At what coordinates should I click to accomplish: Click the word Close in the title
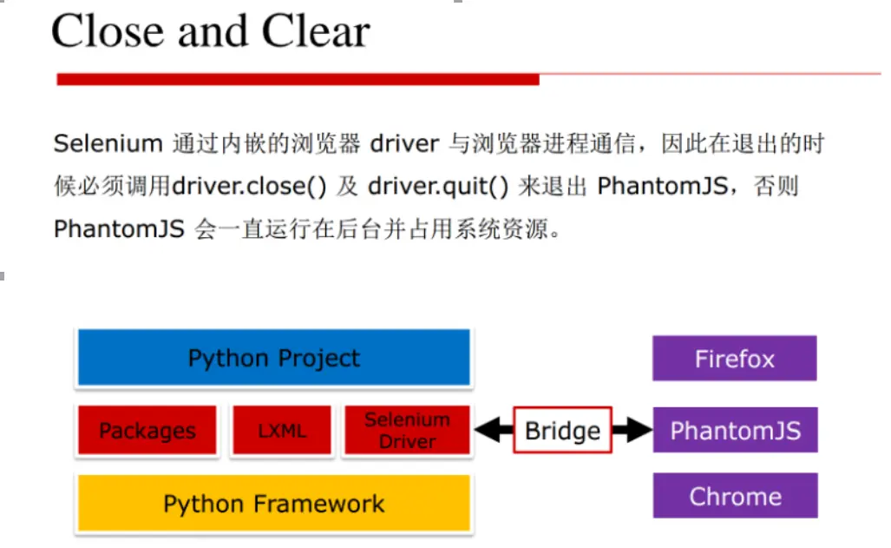coord(108,31)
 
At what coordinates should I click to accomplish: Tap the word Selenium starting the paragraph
coord(108,144)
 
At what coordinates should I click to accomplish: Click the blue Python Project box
coord(273,357)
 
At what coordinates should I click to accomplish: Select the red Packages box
coord(147,431)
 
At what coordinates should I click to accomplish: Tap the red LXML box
coord(281,431)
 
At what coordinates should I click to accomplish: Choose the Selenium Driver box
coord(406,431)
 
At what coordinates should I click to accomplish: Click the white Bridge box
coord(562,431)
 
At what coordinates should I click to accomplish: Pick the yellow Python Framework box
coord(273,504)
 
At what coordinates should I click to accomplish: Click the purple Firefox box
coord(734,359)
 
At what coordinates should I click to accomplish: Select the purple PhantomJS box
coord(734,431)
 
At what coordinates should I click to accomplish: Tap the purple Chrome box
coord(734,496)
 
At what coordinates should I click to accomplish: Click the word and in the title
coord(213,31)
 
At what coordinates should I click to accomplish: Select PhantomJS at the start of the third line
coord(119,229)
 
